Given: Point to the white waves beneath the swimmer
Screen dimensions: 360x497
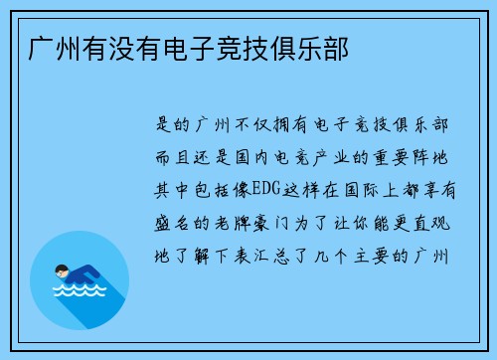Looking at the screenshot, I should (77, 291).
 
